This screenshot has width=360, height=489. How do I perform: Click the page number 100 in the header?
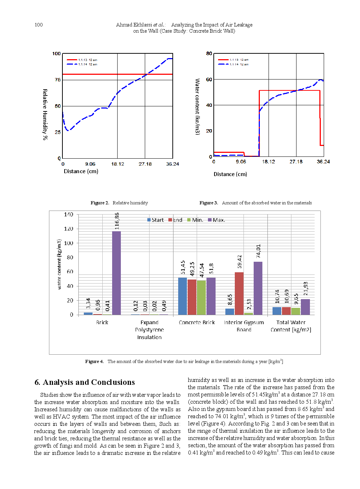pos(38,25)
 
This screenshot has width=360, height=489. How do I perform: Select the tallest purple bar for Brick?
pos(116,273)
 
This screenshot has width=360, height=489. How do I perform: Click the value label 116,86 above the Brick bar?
pos(117,221)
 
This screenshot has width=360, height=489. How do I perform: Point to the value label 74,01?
pos(258,251)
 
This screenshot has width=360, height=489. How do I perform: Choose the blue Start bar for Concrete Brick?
pos(183,296)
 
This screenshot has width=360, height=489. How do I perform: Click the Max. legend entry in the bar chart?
pos(216,220)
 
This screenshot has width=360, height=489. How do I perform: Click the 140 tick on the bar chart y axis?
pos(69,215)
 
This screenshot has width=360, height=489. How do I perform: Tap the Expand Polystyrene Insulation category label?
pos(150,330)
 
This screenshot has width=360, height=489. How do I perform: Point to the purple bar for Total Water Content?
pos(306,307)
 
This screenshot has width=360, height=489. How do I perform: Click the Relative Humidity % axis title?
pos(45,114)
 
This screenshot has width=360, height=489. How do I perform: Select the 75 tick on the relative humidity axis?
pos(58,80)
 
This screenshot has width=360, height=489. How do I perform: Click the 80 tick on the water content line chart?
pos(209,53)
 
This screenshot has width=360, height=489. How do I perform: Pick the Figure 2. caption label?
pos(100,203)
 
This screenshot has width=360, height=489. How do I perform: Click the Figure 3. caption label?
pos(209,203)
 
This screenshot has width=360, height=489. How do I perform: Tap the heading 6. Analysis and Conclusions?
pos(85,382)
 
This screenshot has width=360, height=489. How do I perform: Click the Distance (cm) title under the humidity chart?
pos(81,171)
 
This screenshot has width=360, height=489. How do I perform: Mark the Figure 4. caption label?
pos(94,362)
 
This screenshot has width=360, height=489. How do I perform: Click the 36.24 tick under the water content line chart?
pos(323,162)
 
